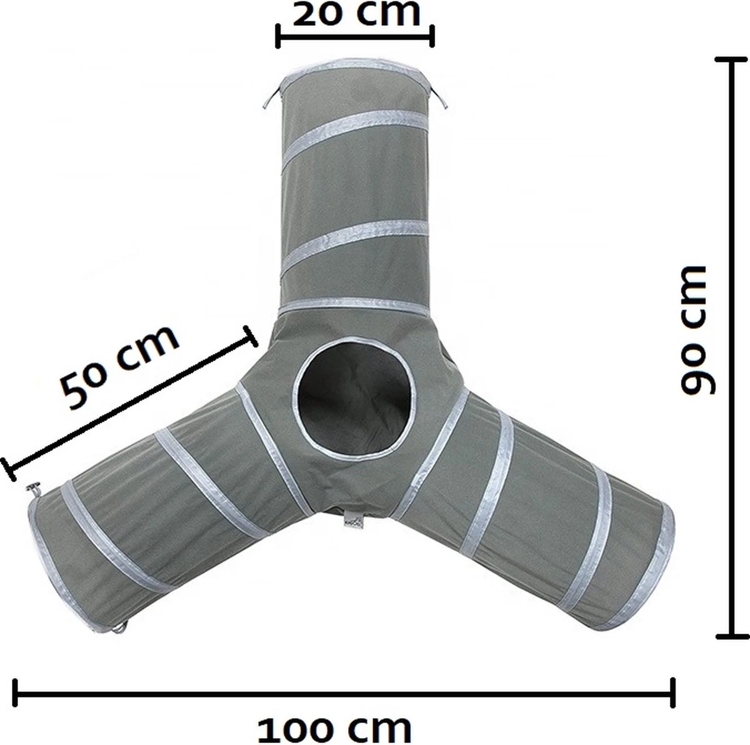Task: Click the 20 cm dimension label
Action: coord(356,13)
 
